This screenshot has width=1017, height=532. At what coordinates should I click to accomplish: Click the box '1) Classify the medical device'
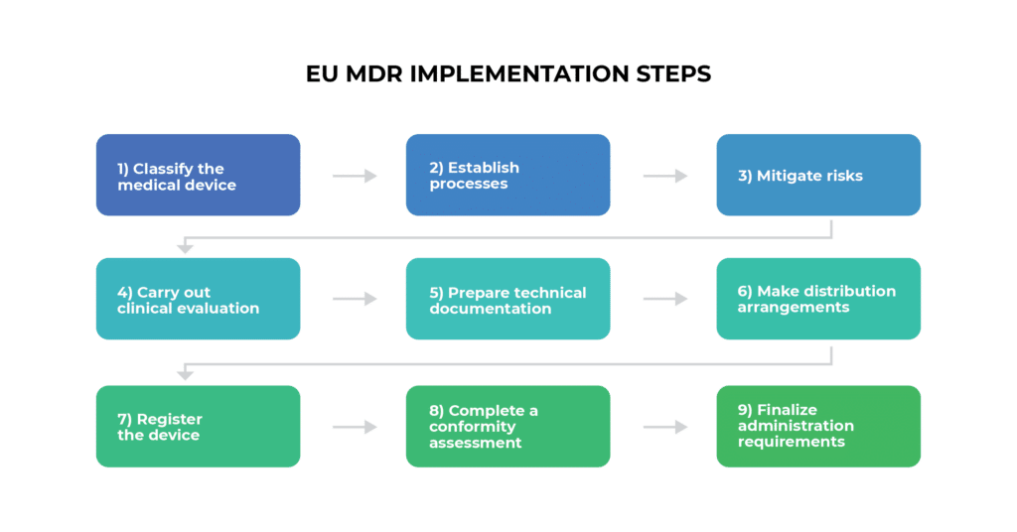(198, 176)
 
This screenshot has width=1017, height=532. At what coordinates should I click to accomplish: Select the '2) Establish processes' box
(508, 176)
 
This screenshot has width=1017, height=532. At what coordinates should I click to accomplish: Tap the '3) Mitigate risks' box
(818, 176)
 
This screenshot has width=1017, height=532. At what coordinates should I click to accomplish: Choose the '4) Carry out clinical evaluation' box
(198, 300)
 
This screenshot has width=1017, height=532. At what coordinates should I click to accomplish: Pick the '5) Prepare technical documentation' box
(508, 300)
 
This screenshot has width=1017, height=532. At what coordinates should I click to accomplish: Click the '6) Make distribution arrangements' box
(818, 300)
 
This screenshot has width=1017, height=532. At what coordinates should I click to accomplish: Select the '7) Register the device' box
(198, 427)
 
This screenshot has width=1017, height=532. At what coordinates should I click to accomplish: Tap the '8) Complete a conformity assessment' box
(508, 427)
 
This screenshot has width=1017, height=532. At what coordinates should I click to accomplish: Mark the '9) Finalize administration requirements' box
(818, 427)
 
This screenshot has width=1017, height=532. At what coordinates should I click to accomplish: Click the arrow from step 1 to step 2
(355, 176)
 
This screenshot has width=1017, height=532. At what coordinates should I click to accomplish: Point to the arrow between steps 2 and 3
(665, 176)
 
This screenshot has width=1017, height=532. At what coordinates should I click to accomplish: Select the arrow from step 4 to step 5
(355, 299)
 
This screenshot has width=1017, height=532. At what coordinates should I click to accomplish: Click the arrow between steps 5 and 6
(665, 299)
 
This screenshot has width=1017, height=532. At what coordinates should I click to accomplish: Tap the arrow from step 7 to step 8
(355, 427)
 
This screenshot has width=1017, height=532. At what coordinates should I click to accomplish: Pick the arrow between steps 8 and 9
(665, 427)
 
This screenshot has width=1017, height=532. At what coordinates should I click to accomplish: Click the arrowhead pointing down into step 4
(184, 247)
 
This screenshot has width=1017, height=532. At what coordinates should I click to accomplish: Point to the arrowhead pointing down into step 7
(184, 374)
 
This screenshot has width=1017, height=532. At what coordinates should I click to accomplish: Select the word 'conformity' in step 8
(473, 427)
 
